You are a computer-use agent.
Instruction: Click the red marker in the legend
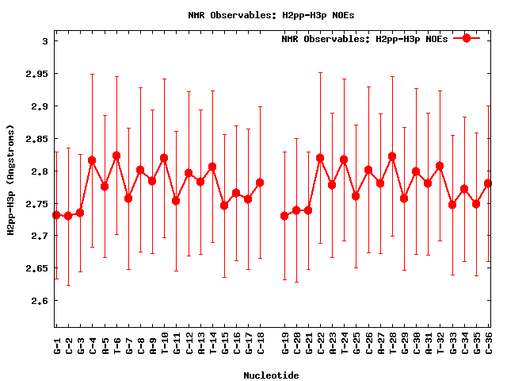[x=467, y=38]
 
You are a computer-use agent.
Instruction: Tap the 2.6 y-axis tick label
[x=38, y=301]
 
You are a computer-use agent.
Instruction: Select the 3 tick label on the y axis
[x=45, y=41]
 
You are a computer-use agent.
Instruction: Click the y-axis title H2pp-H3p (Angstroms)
[x=11, y=181]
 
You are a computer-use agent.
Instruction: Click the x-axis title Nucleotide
[x=272, y=375]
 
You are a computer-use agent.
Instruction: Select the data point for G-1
[x=56, y=215]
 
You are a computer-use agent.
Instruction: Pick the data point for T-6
[x=116, y=156]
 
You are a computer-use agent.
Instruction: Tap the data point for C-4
[x=92, y=160]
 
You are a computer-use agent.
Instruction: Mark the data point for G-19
[x=284, y=216]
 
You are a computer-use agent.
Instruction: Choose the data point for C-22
[x=320, y=158]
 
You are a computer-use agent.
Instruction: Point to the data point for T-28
[x=392, y=156]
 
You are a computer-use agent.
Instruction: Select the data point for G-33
[x=452, y=205]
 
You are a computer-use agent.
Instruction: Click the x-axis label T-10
[x=165, y=344]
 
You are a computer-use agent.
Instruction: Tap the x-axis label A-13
[x=201, y=344]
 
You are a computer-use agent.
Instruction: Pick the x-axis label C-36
[x=489, y=344]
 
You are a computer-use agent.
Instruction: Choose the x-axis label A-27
[x=380, y=344]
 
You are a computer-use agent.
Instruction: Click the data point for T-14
[x=212, y=167]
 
